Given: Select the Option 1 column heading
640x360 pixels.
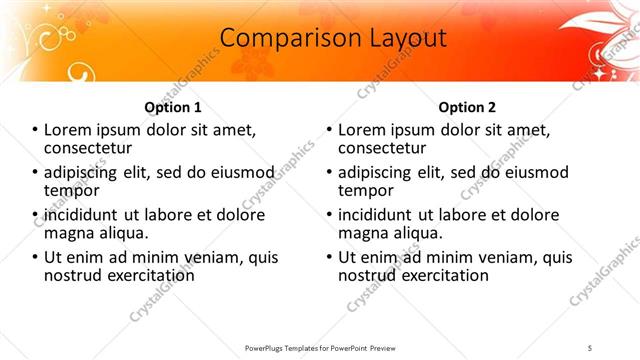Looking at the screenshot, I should pos(173,107).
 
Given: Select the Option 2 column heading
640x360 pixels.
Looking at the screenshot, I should pos(467,107).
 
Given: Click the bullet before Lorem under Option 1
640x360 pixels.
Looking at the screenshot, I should pos(35,131).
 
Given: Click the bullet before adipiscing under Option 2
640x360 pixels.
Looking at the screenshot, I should pos(329,173).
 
